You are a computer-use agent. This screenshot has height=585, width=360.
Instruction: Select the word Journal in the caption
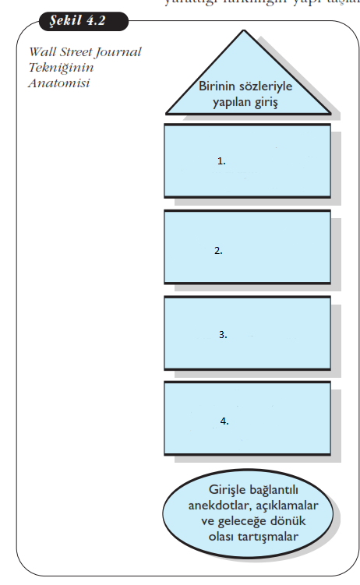[x=120, y=52]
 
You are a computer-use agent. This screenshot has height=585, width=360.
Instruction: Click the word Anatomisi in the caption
[x=59, y=82]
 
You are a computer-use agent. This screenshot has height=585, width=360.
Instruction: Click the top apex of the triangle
[x=247, y=32]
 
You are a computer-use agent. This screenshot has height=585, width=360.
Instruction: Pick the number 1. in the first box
[x=221, y=161]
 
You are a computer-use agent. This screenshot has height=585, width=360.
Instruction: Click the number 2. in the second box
[x=219, y=251]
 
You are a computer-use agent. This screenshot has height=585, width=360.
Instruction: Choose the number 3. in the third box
[x=222, y=334]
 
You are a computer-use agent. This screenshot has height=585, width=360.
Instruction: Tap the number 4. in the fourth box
[x=224, y=421]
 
